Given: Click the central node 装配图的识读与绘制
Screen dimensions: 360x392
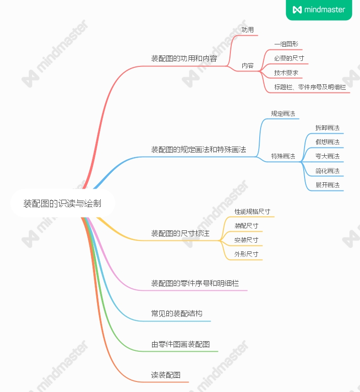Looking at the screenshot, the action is click(62, 203).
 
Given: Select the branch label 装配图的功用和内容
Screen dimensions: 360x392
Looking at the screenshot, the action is click(184, 59).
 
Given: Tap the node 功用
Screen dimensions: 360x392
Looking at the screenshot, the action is click(248, 30).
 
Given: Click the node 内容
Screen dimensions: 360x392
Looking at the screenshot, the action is click(248, 65).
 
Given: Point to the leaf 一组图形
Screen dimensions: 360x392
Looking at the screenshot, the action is click(286, 44).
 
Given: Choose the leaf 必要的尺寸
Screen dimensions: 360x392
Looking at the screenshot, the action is click(289, 58).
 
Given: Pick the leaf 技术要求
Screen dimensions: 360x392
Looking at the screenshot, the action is click(286, 72).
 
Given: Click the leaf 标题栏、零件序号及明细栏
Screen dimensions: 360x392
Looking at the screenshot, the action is click(310, 87).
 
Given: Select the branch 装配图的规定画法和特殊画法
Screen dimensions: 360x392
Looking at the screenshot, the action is click(199, 149).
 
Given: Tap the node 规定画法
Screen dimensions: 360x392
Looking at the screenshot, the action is click(283, 114).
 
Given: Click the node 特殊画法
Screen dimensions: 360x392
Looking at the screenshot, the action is click(283, 156).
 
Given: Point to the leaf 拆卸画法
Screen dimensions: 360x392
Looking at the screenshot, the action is click(327, 128).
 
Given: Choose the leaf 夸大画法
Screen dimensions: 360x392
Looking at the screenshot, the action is click(327, 156).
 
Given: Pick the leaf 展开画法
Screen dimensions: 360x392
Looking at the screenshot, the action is click(327, 185).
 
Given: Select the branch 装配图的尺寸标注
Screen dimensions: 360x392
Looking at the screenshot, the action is click(180, 234).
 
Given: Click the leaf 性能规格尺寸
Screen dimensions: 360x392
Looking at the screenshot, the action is click(252, 212).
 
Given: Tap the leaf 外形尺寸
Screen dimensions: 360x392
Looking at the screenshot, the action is click(246, 254).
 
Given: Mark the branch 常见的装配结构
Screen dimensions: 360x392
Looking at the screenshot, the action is click(177, 314).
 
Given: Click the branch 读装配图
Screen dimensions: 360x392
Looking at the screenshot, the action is click(166, 375).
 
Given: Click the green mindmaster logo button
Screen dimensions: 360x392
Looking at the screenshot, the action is click(319, 10).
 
